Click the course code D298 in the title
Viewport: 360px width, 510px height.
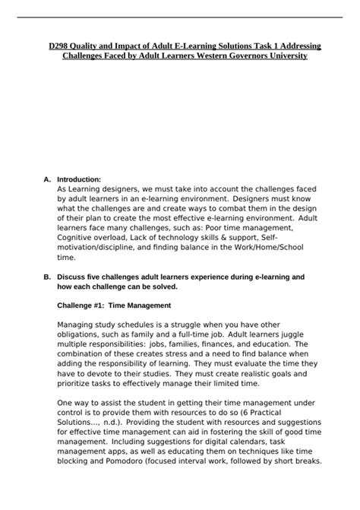(x=52, y=46)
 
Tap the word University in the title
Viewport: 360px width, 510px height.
(x=282, y=57)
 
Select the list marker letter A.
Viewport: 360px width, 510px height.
(x=47, y=179)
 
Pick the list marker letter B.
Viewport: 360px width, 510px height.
(x=47, y=277)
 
